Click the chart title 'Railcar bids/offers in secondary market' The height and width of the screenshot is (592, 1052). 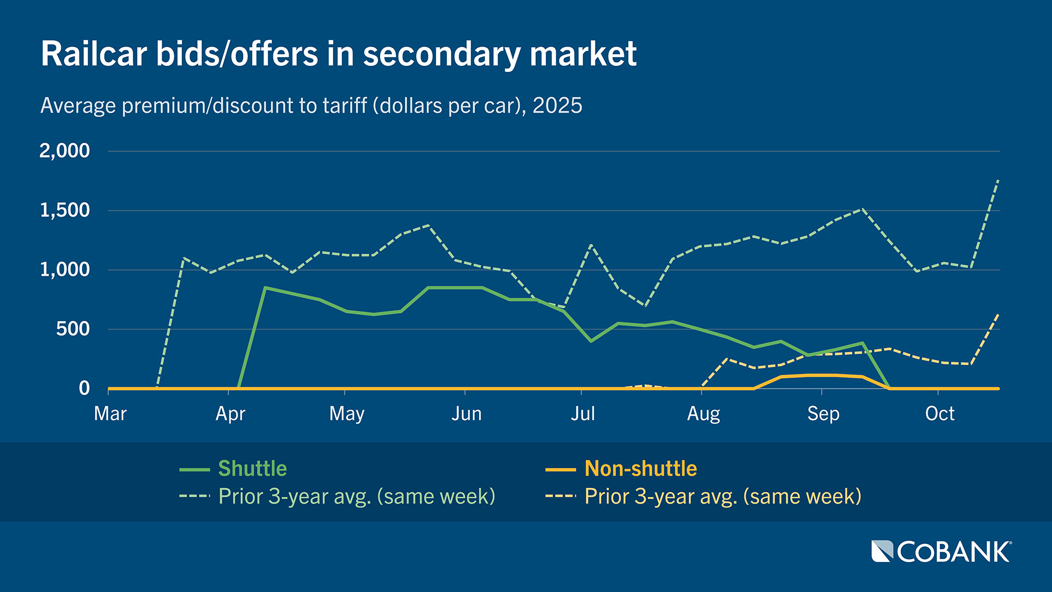338,54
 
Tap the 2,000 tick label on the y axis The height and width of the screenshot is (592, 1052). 65,151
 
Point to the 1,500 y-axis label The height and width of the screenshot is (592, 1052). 65,210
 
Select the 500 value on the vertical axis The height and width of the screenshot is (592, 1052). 73,329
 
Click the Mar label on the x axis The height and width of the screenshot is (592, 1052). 110,414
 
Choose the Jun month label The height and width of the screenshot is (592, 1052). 466,414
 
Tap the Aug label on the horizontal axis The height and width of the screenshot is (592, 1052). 703,414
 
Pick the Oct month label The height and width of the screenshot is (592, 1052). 940,414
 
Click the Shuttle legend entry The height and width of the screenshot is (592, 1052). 252,469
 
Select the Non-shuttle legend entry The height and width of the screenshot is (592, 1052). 641,469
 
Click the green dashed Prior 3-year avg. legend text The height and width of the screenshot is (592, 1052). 357,497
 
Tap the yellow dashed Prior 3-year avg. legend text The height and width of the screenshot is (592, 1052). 723,497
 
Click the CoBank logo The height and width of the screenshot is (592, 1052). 941,552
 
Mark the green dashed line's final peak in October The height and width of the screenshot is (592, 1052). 998,180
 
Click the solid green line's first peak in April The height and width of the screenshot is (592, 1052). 265,287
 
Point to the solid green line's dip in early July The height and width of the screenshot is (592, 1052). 591,341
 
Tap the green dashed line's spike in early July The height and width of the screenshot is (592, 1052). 591,244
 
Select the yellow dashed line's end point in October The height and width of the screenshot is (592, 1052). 998,314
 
